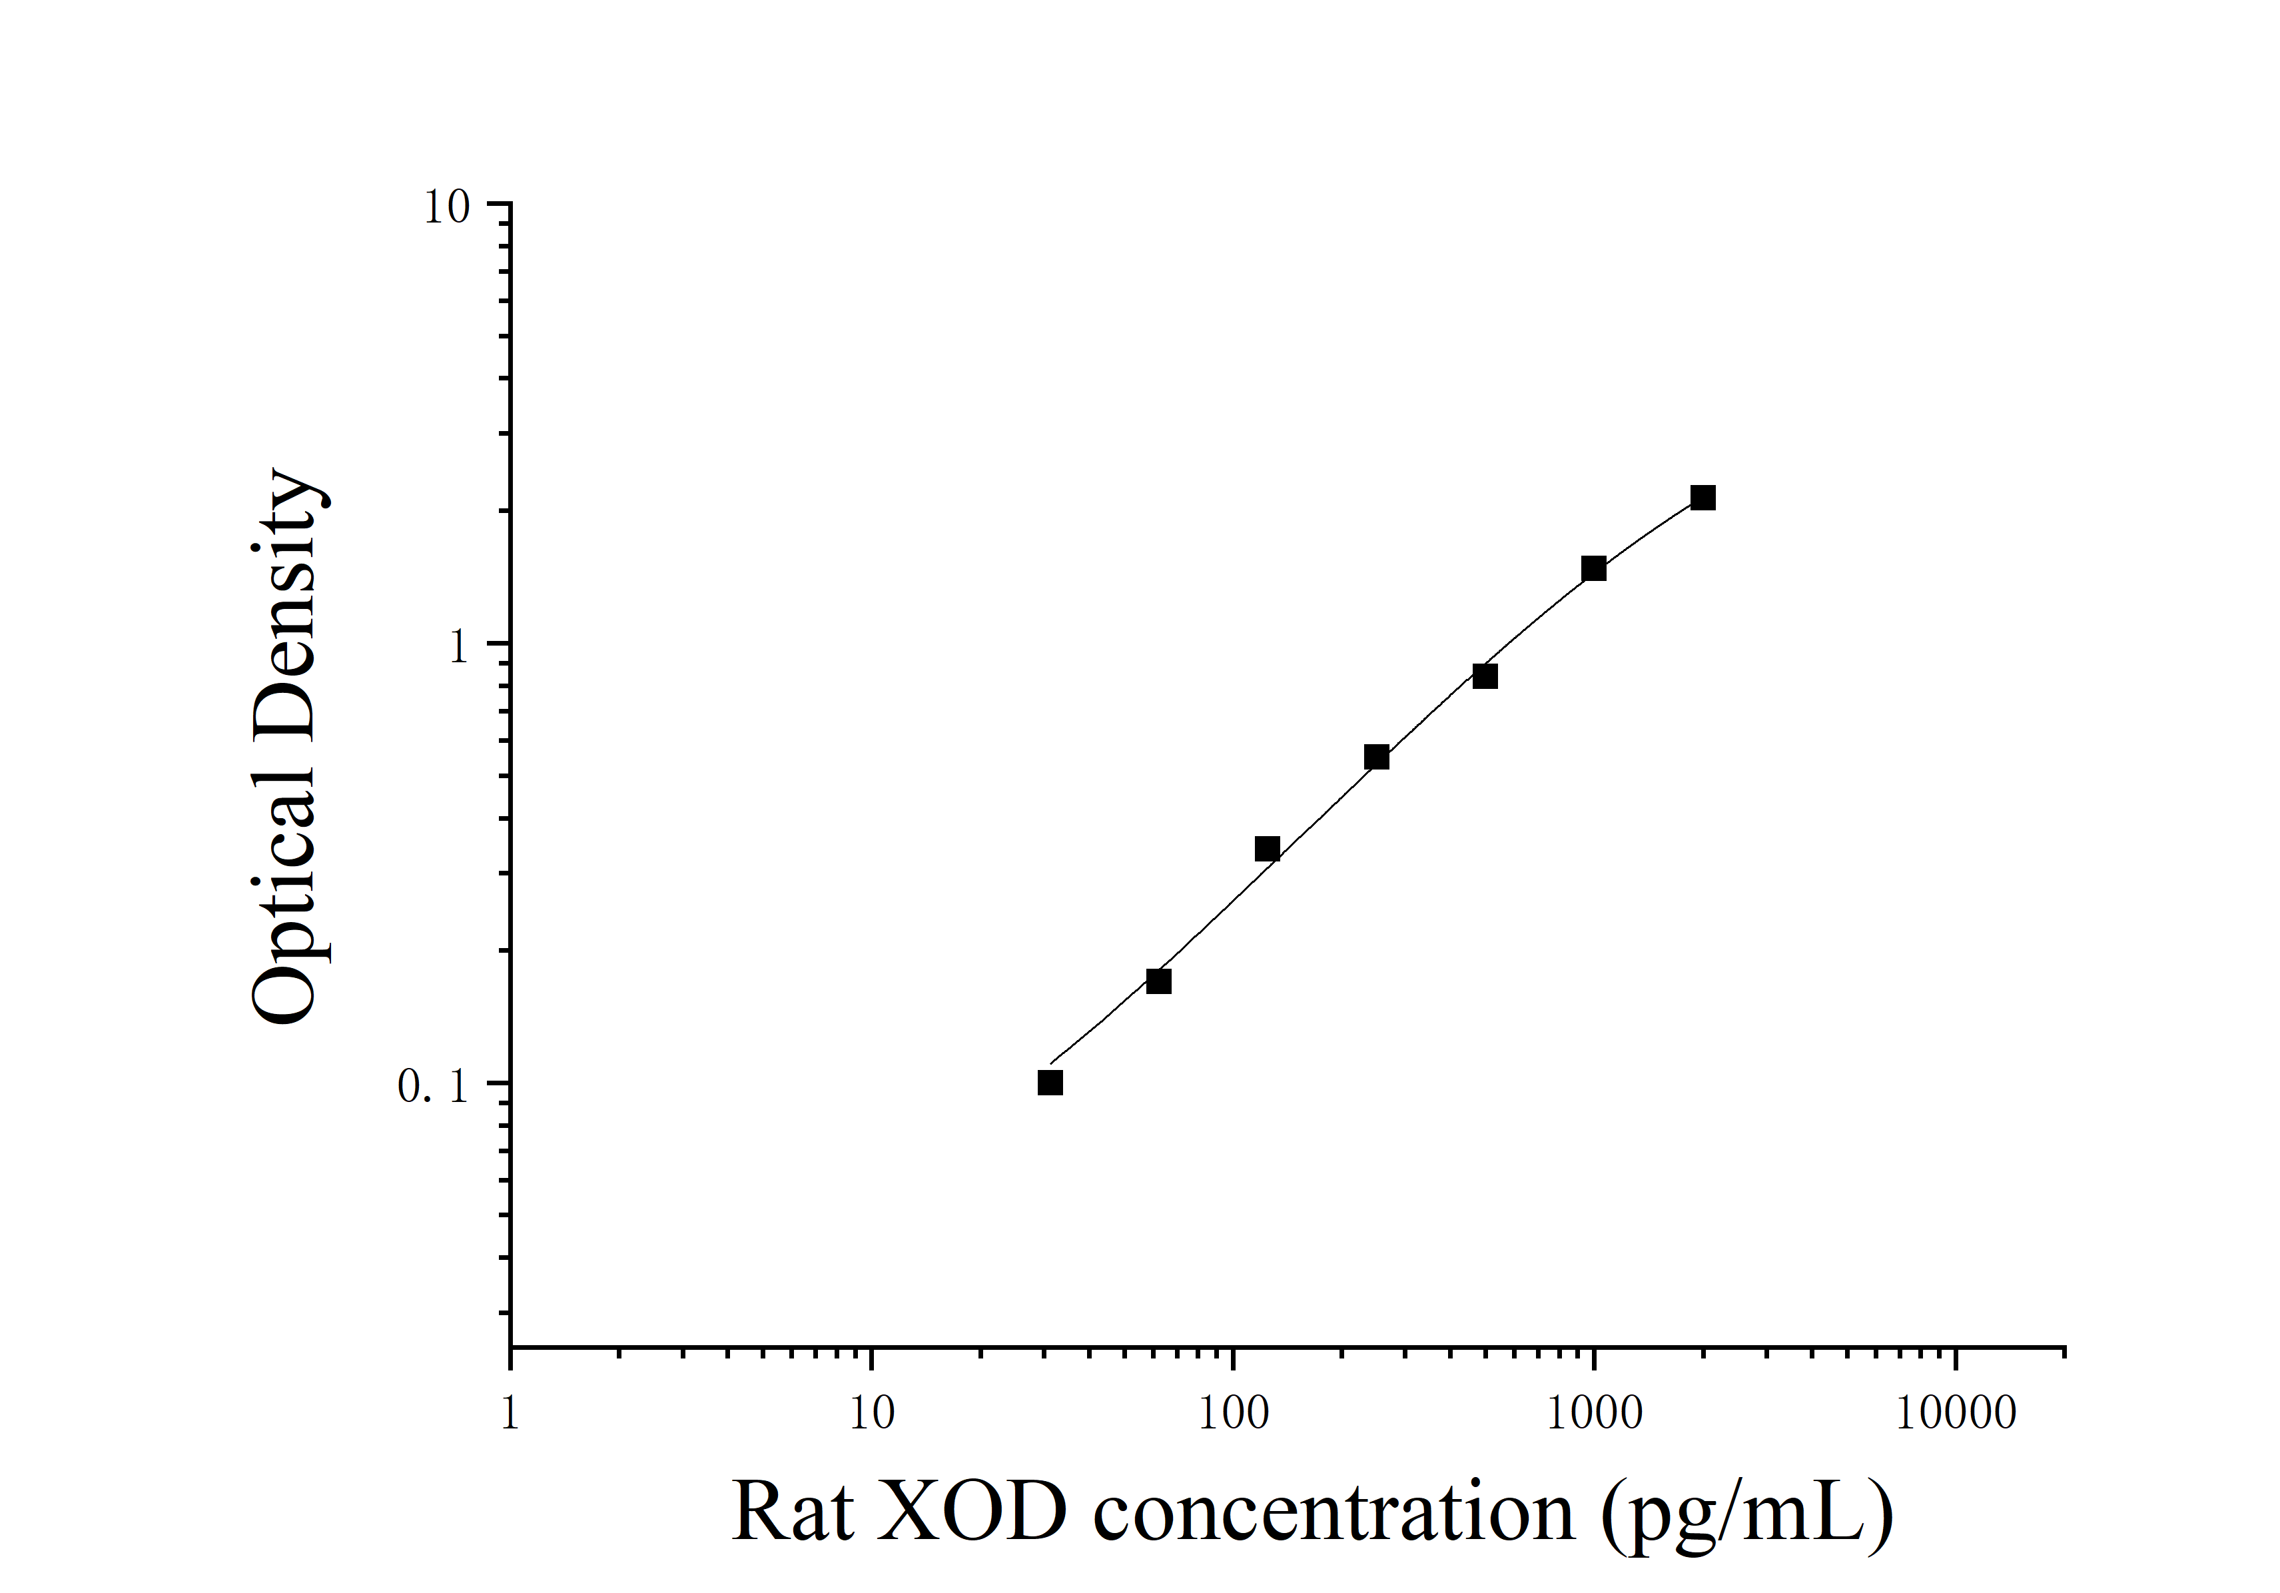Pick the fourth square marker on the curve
pyautogui.click(x=1376, y=758)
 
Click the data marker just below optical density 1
pyautogui.click(x=1485, y=676)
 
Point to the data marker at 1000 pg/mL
pyautogui.click(x=1594, y=568)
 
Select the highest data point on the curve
pyautogui.click(x=1703, y=498)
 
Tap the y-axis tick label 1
pyautogui.click(x=458, y=648)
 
